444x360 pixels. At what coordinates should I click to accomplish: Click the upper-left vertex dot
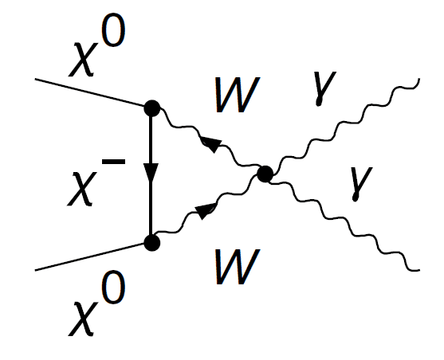click(152, 108)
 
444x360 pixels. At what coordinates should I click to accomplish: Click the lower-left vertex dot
click(152, 243)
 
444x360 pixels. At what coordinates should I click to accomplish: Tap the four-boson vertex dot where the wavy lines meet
click(265, 174)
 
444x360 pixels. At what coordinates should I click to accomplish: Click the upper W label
click(238, 95)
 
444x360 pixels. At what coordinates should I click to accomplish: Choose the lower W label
click(238, 266)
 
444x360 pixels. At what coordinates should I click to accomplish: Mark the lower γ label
click(361, 184)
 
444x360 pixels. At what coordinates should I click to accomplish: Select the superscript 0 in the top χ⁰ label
click(113, 30)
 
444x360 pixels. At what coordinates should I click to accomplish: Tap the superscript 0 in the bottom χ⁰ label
click(113, 287)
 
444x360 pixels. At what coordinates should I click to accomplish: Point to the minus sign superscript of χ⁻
click(113, 162)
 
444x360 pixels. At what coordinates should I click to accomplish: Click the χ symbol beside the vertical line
click(82, 189)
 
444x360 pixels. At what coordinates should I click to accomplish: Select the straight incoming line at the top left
click(89, 93)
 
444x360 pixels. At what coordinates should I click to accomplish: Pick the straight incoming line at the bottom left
click(89, 256)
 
